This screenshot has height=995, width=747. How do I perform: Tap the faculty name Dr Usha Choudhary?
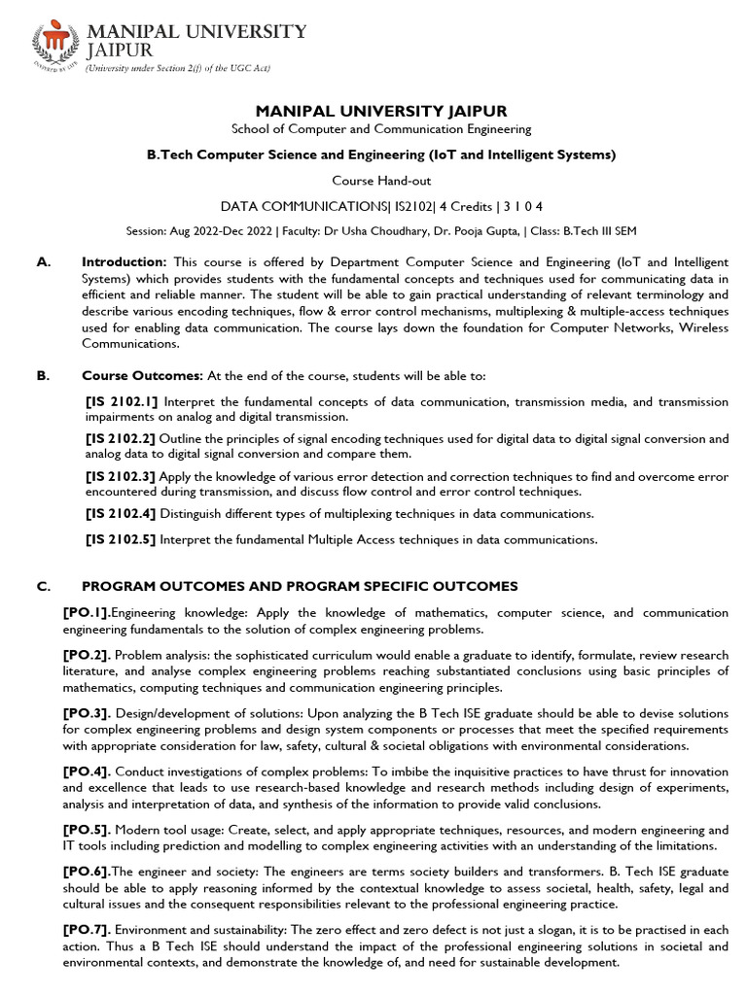(x=367, y=230)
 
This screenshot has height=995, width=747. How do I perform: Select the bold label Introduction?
(x=124, y=262)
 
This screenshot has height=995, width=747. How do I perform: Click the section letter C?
(x=41, y=586)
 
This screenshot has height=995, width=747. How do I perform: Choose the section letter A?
(x=41, y=262)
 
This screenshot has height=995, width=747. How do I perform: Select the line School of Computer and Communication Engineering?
(x=381, y=129)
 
